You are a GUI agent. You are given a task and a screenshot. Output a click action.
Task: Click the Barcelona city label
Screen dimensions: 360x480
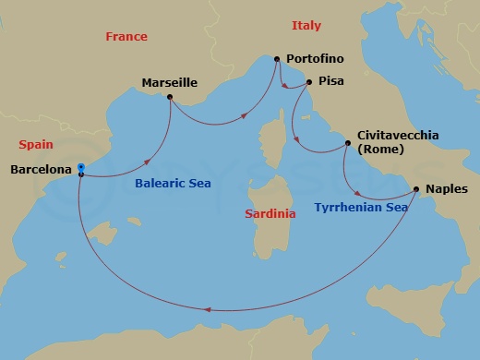pyautogui.click(x=41, y=170)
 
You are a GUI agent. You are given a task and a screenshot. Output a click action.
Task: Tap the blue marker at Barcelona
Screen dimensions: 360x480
pyautogui.click(x=81, y=167)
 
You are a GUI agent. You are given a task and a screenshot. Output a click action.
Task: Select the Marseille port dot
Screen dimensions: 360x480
pyautogui.click(x=170, y=96)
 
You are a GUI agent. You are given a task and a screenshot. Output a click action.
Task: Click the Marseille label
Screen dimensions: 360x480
pyautogui.click(x=170, y=83)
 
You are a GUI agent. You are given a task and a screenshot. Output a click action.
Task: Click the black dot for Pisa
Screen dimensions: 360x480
pyautogui.click(x=308, y=81)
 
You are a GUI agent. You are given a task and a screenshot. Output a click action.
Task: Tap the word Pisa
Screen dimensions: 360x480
pyautogui.click(x=330, y=81)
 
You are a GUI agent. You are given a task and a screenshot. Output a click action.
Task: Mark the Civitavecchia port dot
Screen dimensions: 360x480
pyautogui.click(x=347, y=143)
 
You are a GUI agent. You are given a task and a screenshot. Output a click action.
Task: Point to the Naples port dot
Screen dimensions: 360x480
pyautogui.click(x=416, y=190)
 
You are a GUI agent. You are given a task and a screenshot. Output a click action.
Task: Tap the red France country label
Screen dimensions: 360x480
pyautogui.click(x=126, y=37)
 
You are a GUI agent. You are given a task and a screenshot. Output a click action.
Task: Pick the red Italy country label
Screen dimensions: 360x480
pyautogui.click(x=306, y=25)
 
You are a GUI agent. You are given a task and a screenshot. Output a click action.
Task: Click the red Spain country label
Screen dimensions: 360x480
pyautogui.click(x=36, y=145)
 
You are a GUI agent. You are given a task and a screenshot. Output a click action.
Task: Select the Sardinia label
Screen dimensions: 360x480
pyautogui.click(x=270, y=213)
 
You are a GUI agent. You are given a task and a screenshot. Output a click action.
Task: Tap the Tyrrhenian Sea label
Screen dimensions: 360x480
pyautogui.click(x=361, y=208)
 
